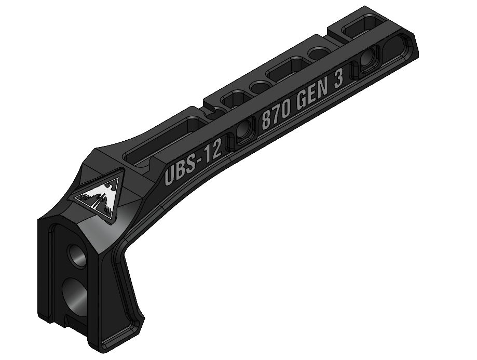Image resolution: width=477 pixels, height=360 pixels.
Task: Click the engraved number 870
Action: (x=275, y=117)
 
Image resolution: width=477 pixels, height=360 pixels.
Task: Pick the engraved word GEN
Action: (x=314, y=97)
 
